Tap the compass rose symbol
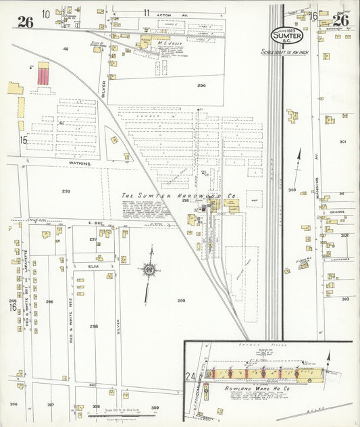(149, 271)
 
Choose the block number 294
(201, 86)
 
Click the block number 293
(66, 191)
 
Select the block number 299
(181, 300)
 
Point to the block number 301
(343, 142)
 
